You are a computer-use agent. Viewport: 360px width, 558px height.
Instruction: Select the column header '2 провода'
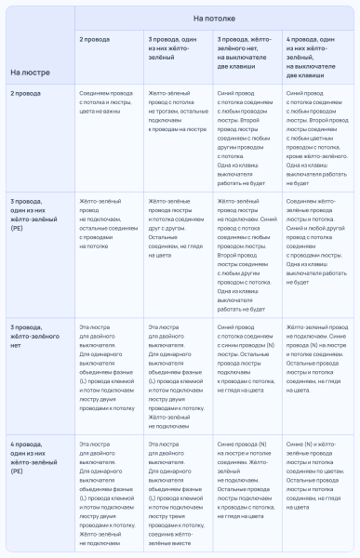(94, 41)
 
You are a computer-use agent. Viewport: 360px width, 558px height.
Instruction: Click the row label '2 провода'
(25, 94)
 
